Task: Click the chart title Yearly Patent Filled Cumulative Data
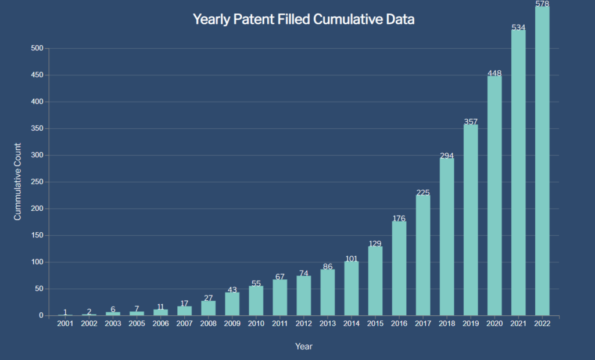click(303, 19)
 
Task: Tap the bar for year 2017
click(423, 255)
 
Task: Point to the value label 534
click(518, 27)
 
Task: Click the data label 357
click(471, 122)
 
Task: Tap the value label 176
click(399, 218)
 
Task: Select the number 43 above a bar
click(232, 289)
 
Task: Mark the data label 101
click(352, 258)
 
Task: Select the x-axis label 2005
click(137, 323)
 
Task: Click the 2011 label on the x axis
click(280, 323)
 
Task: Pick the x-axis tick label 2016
click(399, 323)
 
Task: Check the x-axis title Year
click(303, 347)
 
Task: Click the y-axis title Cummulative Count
click(17, 182)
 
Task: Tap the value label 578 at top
click(542, 4)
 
